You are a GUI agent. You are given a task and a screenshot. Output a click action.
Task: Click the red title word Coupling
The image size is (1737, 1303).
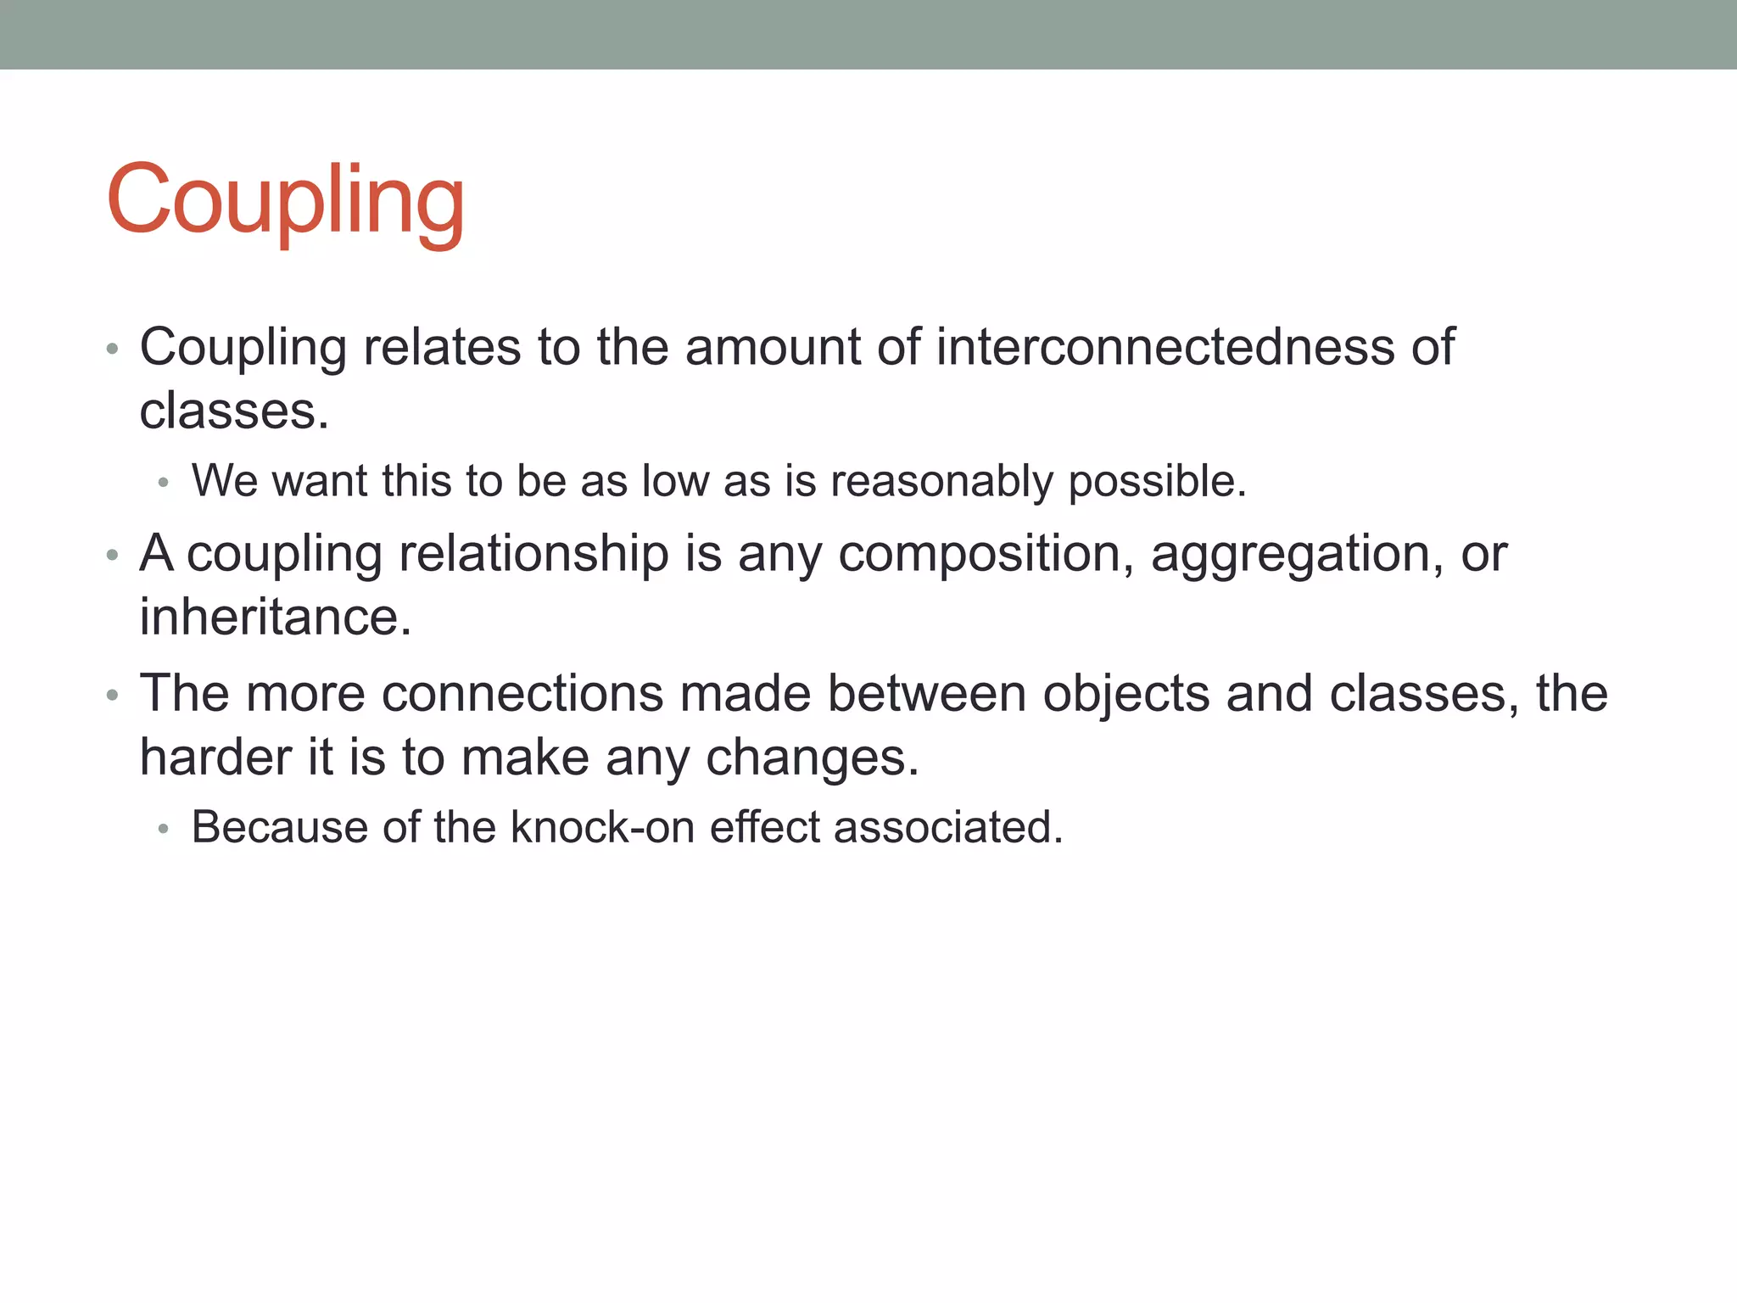click(x=285, y=200)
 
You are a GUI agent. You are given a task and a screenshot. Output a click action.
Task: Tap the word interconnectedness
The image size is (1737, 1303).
click(x=1165, y=347)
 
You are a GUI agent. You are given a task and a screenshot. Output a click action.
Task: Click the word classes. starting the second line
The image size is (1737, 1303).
click(x=233, y=411)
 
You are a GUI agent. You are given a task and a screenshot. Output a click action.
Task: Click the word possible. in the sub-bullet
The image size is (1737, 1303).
click(x=1157, y=481)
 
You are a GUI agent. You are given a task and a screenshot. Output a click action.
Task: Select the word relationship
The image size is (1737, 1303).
click(x=533, y=553)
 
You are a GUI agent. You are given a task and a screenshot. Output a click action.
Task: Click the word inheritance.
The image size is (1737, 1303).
click(x=275, y=617)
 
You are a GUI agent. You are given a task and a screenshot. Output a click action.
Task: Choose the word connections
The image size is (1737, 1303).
click(x=522, y=693)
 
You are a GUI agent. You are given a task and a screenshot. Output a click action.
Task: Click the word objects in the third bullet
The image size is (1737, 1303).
click(x=1125, y=693)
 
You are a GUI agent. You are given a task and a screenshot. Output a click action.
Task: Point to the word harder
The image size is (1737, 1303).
click(x=215, y=757)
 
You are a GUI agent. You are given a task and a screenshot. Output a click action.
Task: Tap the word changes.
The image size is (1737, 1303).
click(x=812, y=757)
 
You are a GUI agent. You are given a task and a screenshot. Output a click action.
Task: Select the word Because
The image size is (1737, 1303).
click(x=279, y=827)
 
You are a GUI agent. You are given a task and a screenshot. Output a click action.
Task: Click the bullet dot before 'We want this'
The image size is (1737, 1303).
click(x=164, y=483)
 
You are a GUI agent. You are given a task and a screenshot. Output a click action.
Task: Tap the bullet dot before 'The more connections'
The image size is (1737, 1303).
click(x=112, y=696)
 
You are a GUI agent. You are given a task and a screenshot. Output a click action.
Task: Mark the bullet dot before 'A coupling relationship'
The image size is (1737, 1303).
click(x=112, y=556)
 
